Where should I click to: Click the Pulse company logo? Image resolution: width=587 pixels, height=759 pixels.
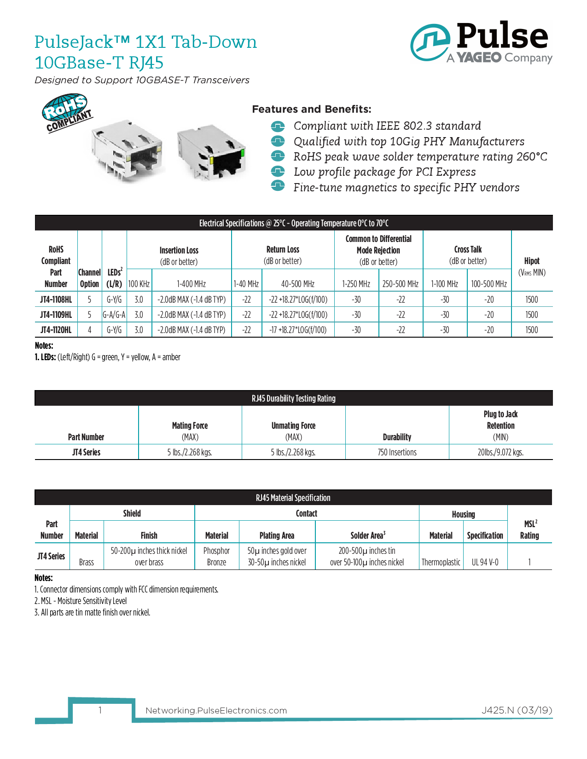(x=481, y=42)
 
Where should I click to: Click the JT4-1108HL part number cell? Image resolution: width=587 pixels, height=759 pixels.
(x=56, y=299)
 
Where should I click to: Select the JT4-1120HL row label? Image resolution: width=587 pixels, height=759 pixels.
(x=56, y=330)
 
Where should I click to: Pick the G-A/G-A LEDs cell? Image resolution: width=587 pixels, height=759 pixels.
(x=114, y=315)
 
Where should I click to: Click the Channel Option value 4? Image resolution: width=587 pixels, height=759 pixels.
(x=89, y=330)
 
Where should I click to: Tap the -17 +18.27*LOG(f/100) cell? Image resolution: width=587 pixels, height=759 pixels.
(x=298, y=330)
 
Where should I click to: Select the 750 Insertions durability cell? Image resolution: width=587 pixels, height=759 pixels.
(x=397, y=452)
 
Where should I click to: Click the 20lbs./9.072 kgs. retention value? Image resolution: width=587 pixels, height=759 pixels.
(x=500, y=452)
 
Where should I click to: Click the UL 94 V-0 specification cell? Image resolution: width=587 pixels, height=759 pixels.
(x=485, y=562)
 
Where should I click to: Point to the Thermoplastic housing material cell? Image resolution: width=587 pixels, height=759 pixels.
(x=441, y=562)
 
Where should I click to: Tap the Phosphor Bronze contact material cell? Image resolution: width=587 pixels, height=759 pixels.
(x=216, y=556)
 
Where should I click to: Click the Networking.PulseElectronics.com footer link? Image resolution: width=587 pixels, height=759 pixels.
(x=216, y=710)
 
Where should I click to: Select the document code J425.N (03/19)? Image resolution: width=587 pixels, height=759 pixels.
(x=517, y=710)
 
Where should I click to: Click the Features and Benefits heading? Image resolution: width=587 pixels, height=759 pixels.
(x=311, y=109)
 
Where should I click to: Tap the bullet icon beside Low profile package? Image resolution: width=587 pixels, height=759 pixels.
(x=278, y=172)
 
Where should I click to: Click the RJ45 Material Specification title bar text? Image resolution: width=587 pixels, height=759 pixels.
(x=293, y=498)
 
